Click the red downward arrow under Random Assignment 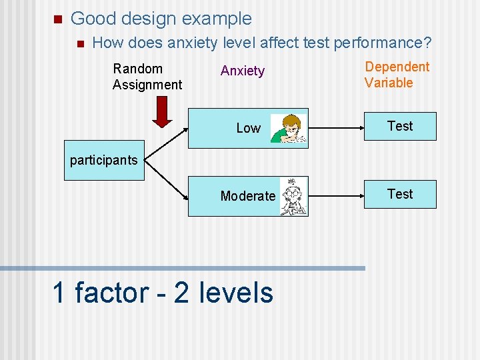coord(162,111)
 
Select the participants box coord(103,160)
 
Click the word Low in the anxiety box coord(248,128)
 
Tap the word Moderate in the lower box coord(247,196)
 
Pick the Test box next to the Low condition coord(400,126)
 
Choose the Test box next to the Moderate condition coord(400,194)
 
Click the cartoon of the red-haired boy coord(289,128)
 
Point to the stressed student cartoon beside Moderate coord(292,197)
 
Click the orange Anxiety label coord(243,71)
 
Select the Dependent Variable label coord(397,75)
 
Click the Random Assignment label coord(147,77)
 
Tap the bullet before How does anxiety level coord(79,44)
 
